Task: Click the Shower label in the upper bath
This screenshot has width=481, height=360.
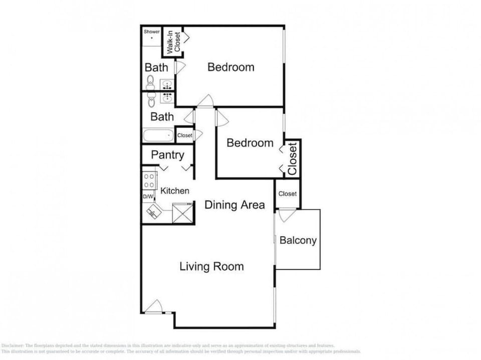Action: point(152,32)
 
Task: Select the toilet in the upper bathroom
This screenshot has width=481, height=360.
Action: point(150,82)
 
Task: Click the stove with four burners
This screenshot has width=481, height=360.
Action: point(149,181)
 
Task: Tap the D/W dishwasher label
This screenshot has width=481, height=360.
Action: point(148,196)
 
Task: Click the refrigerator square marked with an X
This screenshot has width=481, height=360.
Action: point(183,213)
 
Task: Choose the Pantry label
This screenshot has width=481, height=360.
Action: point(167,155)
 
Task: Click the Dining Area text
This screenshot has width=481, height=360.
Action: point(234,204)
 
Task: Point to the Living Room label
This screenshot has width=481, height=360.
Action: point(211,266)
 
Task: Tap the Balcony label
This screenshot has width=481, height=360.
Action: point(298,240)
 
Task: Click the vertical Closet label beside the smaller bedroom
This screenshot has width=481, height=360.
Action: point(293,158)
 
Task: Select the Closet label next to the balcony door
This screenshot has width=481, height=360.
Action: point(288,194)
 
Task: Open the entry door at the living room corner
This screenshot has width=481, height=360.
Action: point(154,306)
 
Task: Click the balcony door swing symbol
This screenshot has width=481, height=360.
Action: point(287,215)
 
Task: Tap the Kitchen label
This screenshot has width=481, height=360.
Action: point(174,191)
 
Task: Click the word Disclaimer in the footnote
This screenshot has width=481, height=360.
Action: point(13,346)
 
